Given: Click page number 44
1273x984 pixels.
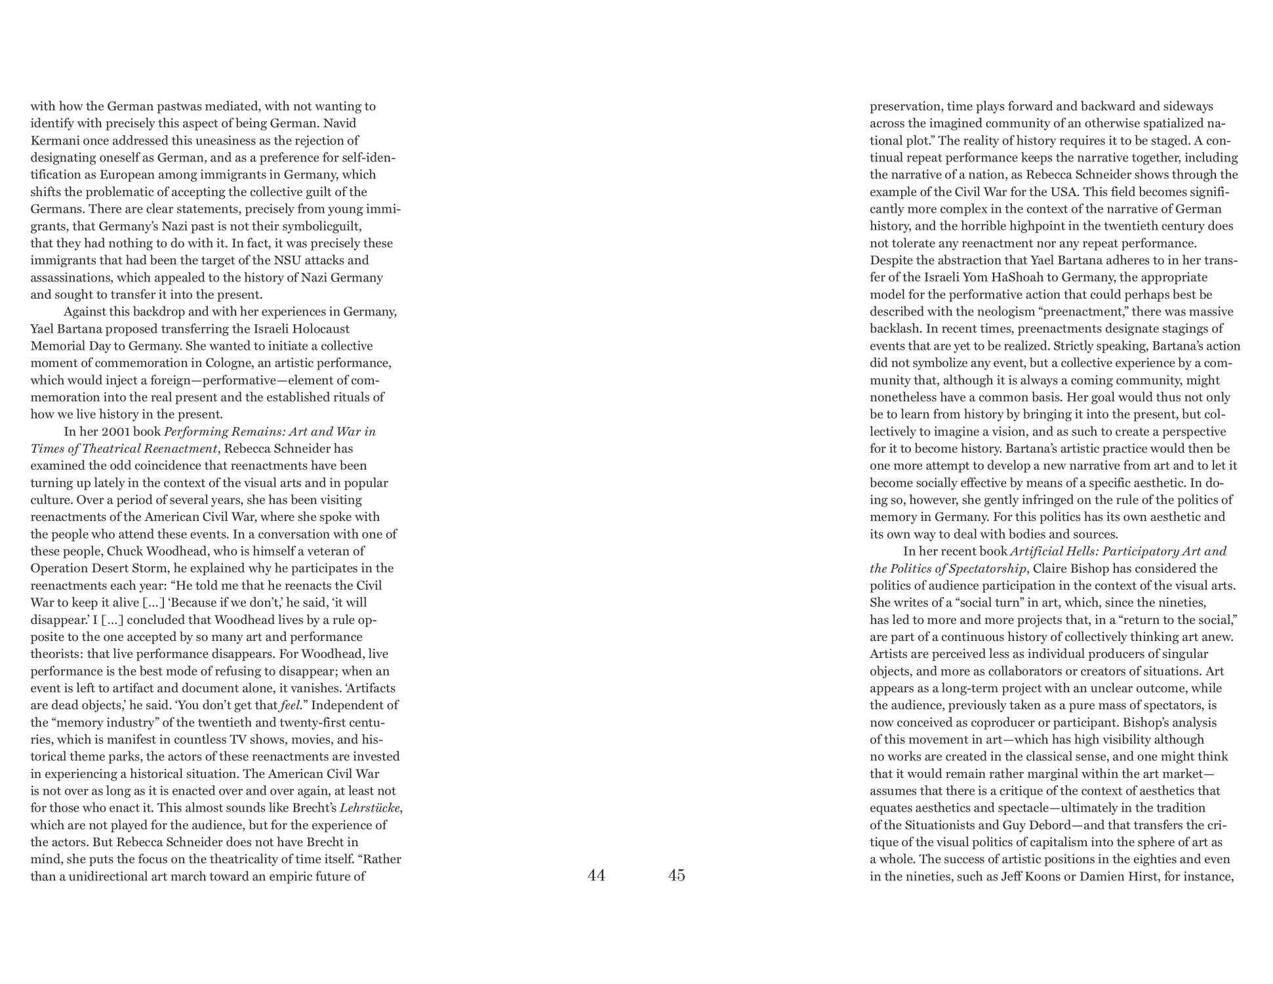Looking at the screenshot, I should (596, 875).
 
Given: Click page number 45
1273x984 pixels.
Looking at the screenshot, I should (676, 875).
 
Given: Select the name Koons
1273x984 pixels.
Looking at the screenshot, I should (1040, 876).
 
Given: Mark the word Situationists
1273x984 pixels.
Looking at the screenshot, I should (937, 825).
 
